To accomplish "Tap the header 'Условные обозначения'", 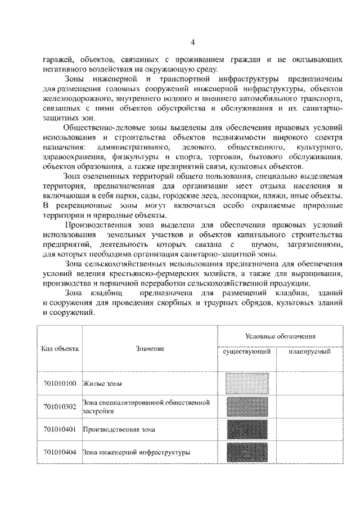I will [280, 335].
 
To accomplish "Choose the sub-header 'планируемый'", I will [309, 352].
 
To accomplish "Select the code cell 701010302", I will [60, 407].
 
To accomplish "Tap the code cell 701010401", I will [60, 430].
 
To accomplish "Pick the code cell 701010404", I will [60, 452].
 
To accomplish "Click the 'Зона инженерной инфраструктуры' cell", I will [136, 452].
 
